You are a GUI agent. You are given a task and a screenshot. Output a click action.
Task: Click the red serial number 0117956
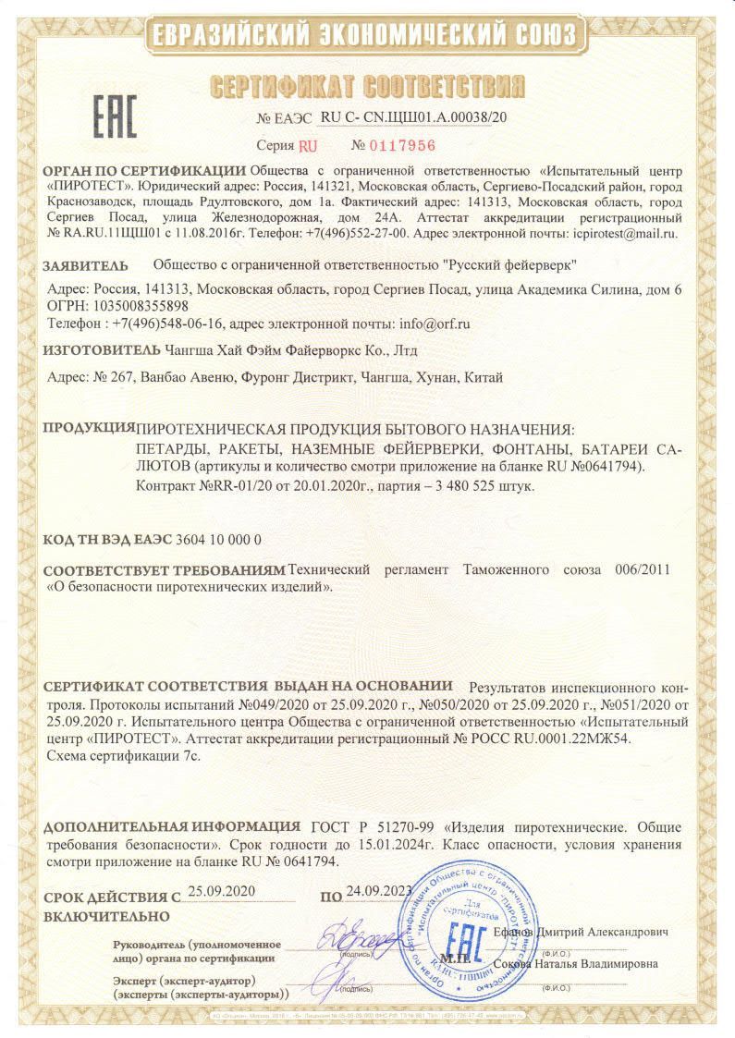click(402, 145)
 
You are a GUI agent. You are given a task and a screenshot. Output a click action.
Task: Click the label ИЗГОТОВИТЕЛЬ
click(102, 351)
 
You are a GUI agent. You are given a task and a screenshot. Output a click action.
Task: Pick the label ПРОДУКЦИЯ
click(89, 428)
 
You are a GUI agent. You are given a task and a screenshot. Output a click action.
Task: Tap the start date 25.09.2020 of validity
click(220, 892)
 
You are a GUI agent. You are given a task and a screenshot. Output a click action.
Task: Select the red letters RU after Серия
click(308, 145)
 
